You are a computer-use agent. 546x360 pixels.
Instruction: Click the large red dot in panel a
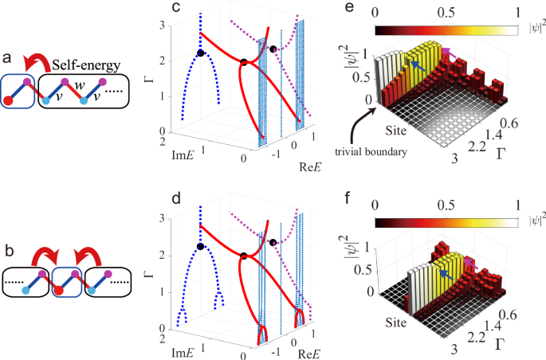coord(10,100)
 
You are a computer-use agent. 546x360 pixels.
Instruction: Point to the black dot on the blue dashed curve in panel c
coord(201,53)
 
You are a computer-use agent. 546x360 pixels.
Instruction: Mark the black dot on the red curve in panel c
coord(244,62)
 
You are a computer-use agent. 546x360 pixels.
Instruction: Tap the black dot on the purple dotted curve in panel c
coord(273,49)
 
